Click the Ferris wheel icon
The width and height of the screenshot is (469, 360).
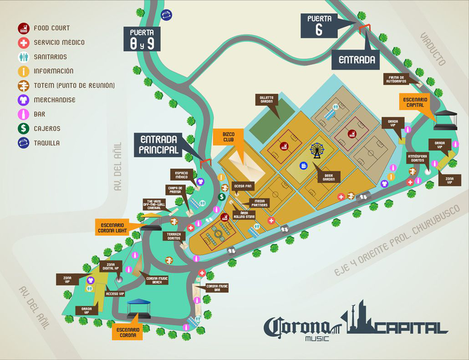(x=317, y=151)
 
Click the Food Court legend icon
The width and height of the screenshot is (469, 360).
(x=23, y=28)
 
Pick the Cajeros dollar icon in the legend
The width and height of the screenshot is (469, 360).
(x=23, y=128)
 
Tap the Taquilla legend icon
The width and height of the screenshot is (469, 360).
(x=23, y=142)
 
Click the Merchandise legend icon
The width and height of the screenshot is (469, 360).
(x=23, y=100)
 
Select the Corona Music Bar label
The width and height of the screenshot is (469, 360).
(x=217, y=288)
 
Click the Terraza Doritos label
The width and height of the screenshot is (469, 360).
(x=174, y=236)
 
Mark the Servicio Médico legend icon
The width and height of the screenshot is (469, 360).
(x=23, y=42)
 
